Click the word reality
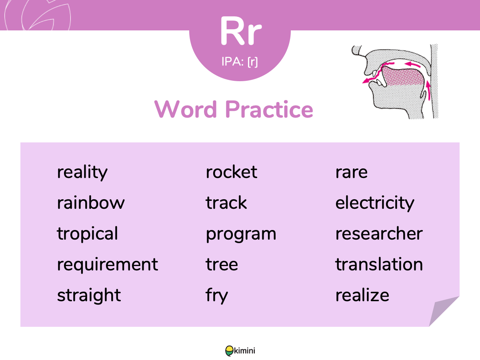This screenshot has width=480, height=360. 82,173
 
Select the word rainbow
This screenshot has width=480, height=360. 91,203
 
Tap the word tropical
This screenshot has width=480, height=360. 88,234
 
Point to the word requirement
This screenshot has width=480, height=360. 107,265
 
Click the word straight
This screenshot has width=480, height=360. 89,296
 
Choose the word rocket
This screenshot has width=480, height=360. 231,172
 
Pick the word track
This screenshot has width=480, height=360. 226,203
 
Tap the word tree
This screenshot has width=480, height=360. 222,264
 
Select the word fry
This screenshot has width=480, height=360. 217,296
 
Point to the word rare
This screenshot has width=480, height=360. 352,173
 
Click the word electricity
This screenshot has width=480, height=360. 375,204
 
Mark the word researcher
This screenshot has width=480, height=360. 379,234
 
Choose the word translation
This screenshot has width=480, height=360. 379,264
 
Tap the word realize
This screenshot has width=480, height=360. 362,295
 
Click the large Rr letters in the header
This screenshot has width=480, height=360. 241,31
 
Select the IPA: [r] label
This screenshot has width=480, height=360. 240,62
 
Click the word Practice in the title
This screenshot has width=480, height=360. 269,109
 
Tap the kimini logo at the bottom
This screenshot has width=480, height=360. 240,351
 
